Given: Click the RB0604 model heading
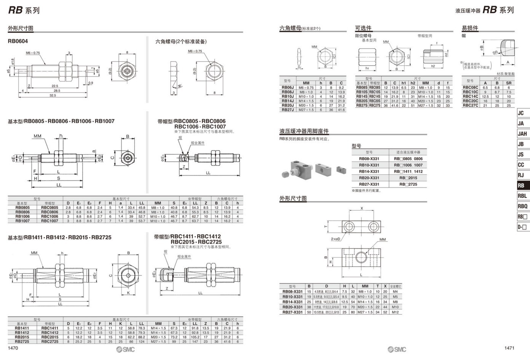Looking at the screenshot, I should point(18,41).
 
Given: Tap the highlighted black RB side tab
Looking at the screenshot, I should point(521,186).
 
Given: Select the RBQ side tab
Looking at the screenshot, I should point(522,206).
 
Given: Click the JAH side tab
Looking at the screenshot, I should point(522,134).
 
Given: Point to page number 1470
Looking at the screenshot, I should point(13,348).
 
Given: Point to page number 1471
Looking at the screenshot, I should point(509,348).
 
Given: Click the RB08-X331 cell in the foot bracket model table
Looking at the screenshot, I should point(369,159).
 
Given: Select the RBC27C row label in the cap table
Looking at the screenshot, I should point(470,106).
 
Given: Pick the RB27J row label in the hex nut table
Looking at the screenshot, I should point(287,110).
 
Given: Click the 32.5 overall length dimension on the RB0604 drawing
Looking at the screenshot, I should point(53,95).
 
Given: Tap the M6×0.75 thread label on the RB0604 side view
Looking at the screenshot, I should point(33,53).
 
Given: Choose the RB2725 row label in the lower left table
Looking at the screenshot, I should point(22,341).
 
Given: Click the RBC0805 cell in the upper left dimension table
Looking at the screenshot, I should point(49,208).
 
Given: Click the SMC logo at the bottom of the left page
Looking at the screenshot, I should point(126,349).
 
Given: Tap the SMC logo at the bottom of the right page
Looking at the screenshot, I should point(397,349).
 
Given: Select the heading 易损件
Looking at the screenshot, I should point(470,28).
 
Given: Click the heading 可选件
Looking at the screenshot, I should point(363,28).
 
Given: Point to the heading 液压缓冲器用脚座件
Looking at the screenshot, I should point(304,131).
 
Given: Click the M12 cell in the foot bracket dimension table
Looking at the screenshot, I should point(395,312).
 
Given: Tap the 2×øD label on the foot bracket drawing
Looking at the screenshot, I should point(335,239).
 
